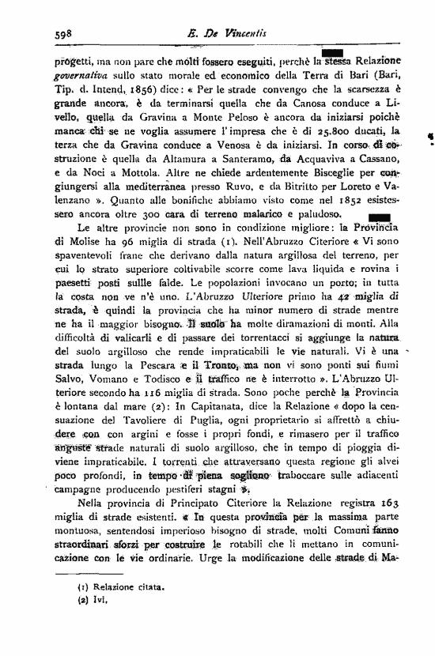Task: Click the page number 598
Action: (x=63, y=34)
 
